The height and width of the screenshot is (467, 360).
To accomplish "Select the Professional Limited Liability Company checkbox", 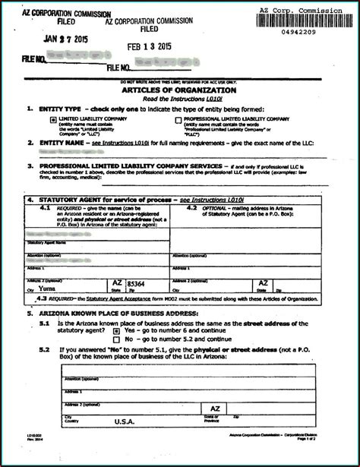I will (x=178, y=120).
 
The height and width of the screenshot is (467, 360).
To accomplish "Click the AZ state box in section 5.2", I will (x=215, y=408).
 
